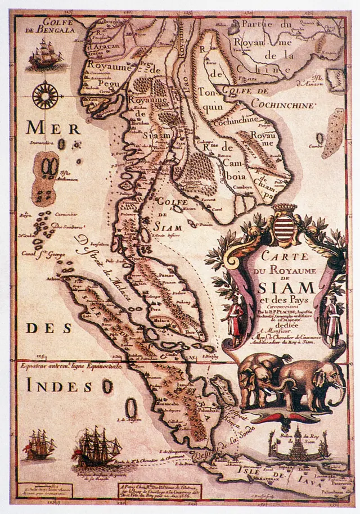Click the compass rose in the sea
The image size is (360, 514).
click(44, 95)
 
